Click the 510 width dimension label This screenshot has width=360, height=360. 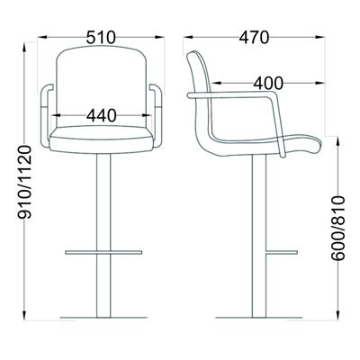[101, 38]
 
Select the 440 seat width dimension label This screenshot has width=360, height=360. [102, 115]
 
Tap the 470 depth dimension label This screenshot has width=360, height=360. [255, 38]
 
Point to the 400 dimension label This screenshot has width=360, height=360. [268, 83]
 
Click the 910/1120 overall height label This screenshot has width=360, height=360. [24, 182]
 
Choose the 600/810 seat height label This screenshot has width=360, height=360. [338, 228]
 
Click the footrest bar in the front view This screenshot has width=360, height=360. [103, 252]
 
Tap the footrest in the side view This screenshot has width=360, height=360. [282, 252]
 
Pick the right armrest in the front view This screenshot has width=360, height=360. [156, 116]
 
